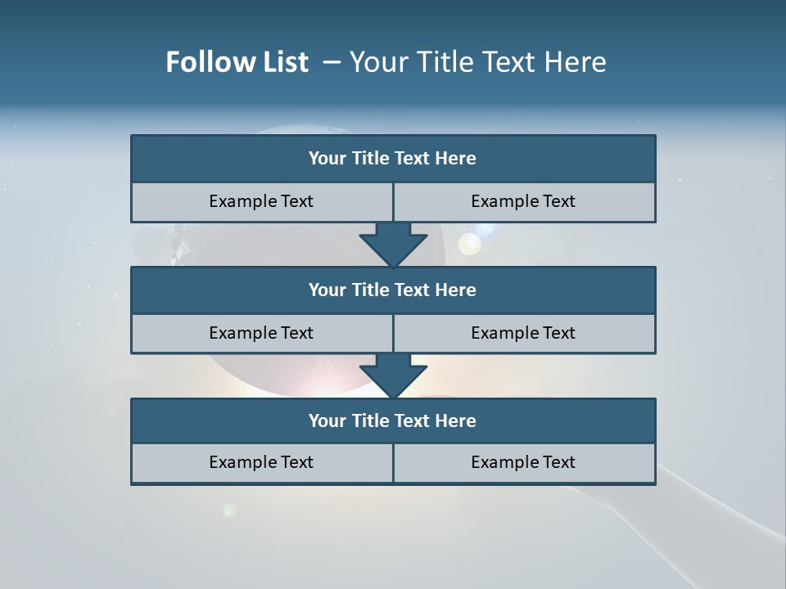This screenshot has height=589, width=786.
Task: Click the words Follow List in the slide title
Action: (237, 62)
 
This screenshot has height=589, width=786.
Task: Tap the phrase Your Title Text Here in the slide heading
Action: (477, 62)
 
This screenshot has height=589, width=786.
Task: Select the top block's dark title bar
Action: (393, 159)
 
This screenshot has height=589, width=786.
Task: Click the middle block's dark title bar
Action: (393, 290)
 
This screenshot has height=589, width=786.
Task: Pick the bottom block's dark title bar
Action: (393, 421)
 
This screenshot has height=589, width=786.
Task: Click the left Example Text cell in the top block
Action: (261, 201)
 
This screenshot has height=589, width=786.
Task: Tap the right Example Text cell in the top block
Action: (523, 201)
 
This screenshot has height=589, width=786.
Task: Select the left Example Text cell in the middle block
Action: (261, 333)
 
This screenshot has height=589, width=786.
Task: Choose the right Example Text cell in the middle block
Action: (523, 333)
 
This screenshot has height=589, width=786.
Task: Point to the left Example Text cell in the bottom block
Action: (261, 462)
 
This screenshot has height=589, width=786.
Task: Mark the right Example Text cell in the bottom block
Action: (523, 462)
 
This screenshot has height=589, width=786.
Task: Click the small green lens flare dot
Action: (229, 510)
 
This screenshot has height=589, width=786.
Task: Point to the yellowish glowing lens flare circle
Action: (469, 244)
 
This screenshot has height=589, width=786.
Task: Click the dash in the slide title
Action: (332, 62)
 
